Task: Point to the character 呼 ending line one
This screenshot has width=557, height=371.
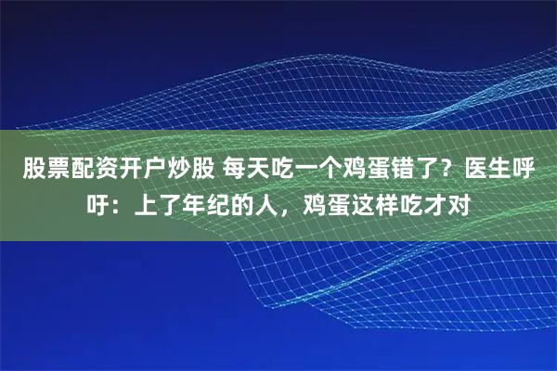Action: click(x=536, y=171)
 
